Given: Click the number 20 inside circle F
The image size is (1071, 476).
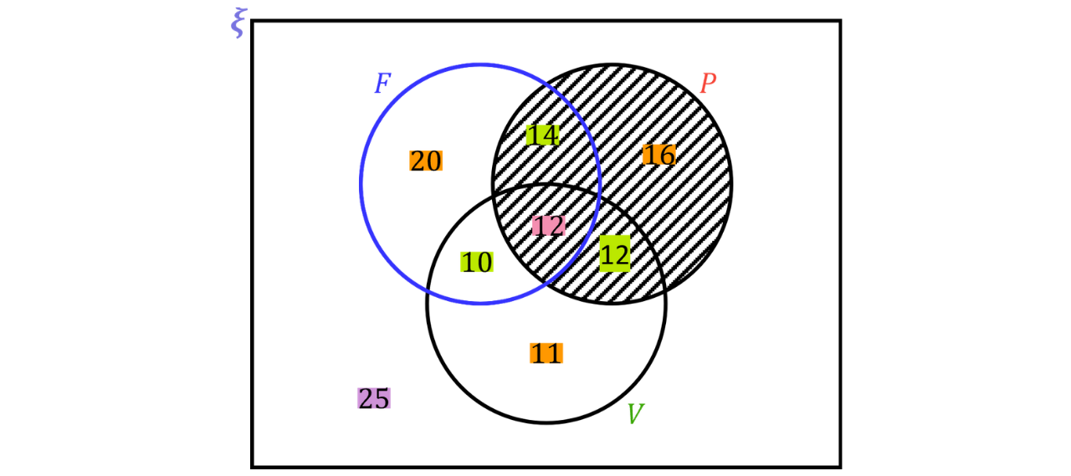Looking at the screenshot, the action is [426, 161].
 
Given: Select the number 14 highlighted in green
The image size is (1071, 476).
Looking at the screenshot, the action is [542, 135].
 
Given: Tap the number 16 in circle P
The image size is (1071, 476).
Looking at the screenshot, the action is [659, 155].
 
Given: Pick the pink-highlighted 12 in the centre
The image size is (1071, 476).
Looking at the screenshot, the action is [549, 226].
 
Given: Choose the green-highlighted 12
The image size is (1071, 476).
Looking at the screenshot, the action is [615, 253].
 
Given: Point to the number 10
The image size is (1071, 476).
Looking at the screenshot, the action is [477, 262].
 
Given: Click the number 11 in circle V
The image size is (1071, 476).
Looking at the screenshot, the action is [546, 353].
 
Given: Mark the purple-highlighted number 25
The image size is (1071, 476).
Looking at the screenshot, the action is [374, 398].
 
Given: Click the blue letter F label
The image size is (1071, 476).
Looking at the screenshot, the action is [382, 83].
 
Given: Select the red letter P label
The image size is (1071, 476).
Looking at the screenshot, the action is [708, 83].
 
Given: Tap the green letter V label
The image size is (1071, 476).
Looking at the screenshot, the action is [635, 413].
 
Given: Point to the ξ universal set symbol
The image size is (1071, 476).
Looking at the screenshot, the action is [238, 23].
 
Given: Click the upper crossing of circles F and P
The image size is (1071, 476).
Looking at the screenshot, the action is [546, 84].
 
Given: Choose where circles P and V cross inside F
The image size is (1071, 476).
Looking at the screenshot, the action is [494, 196].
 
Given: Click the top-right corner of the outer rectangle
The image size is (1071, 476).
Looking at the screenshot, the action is [840, 21].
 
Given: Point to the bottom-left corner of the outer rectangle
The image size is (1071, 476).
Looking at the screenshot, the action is [253, 467].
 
